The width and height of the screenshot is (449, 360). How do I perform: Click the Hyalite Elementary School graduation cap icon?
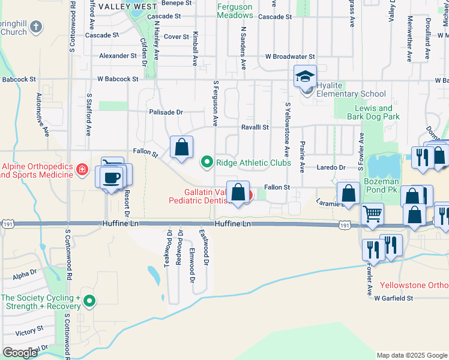pyautogui.click(x=305, y=77)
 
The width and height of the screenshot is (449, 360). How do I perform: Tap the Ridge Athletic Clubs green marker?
pyautogui.click(x=207, y=161)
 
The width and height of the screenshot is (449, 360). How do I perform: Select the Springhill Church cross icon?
pyautogui.click(x=36, y=27)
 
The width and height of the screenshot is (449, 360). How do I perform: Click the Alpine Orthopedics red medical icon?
pyautogui.click(x=82, y=171)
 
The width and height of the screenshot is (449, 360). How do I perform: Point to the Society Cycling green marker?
pyautogui.click(x=89, y=301)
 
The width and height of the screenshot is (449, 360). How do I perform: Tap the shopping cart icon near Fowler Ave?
pyautogui.click(x=373, y=213)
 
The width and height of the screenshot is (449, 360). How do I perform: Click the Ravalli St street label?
pyautogui.click(x=255, y=127)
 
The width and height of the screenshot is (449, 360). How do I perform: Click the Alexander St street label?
pyautogui.click(x=118, y=56)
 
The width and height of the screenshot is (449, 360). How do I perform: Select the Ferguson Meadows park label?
pyautogui.click(x=235, y=11)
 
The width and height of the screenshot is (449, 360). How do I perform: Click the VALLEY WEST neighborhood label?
pyautogui.click(x=127, y=6)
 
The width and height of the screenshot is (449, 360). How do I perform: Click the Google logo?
pyautogui.click(x=20, y=353)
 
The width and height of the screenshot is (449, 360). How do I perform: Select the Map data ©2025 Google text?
pyautogui.click(x=411, y=355)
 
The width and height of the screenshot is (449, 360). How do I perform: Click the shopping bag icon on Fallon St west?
pyautogui.click(x=181, y=148)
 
